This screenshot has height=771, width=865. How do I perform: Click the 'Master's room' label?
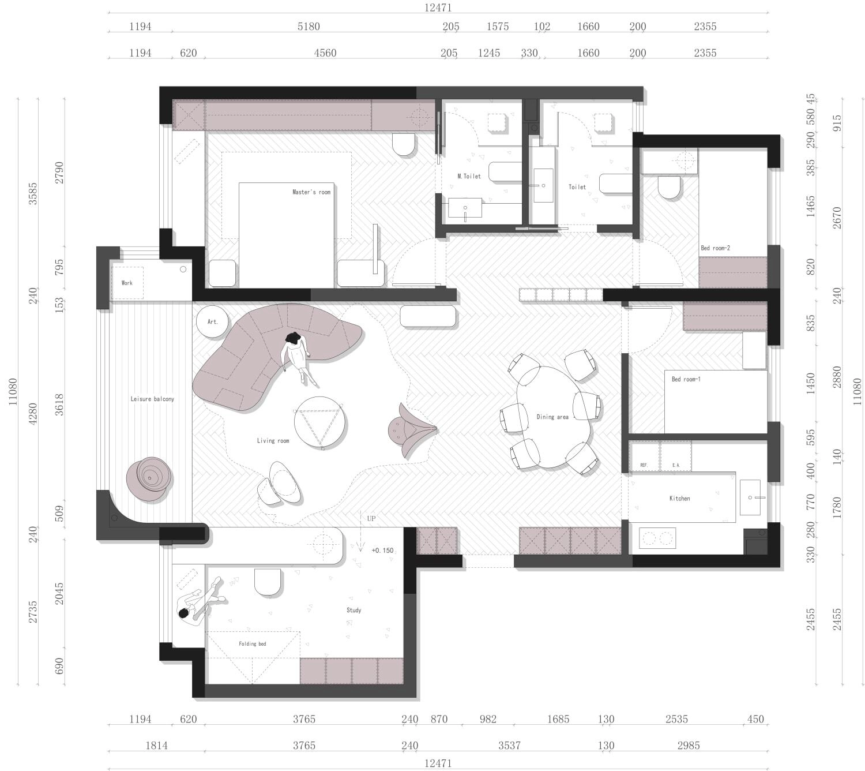(x=311, y=192)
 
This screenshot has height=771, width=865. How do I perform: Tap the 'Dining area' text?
(x=552, y=417)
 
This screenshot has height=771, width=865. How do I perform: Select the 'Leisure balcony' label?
(x=152, y=399)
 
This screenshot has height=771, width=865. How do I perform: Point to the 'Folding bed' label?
(x=253, y=643)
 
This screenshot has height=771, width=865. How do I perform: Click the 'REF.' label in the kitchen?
(x=644, y=465)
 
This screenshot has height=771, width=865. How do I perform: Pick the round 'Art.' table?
(x=212, y=322)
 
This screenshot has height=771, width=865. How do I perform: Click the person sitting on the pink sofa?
(x=299, y=357)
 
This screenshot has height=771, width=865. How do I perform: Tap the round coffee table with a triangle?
(x=320, y=422)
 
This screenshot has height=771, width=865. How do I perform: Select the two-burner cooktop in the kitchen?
(x=657, y=538)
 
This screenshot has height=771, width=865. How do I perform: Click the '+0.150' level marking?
(x=382, y=551)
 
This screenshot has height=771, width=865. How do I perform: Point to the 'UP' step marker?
(x=371, y=518)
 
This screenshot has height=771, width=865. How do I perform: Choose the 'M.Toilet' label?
(x=469, y=176)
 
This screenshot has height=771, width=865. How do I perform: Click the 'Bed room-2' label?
(x=715, y=248)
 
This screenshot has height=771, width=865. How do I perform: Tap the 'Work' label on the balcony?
(x=127, y=283)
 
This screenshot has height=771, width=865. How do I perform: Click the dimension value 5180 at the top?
(x=309, y=27)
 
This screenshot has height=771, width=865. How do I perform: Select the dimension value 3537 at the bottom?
(x=509, y=746)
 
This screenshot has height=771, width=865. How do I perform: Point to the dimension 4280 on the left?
(x=33, y=413)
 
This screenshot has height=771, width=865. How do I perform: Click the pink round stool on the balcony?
(x=149, y=478)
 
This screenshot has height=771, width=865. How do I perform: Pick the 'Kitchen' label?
(x=679, y=499)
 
